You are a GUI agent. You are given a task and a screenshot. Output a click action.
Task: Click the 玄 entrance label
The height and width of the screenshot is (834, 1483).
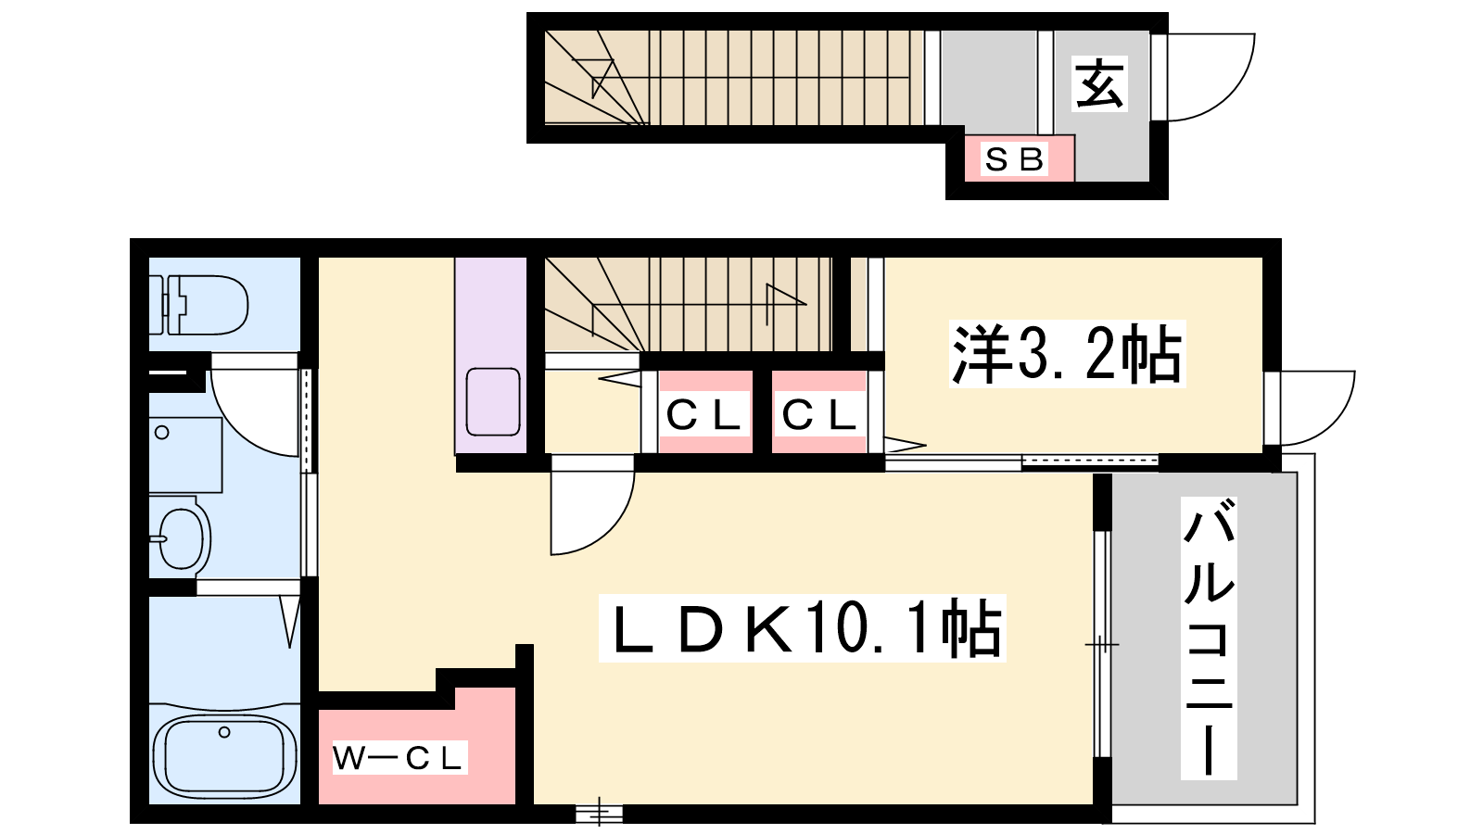(x=1099, y=83)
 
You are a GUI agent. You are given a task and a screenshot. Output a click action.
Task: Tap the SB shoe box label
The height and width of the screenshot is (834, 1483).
(x=1014, y=158)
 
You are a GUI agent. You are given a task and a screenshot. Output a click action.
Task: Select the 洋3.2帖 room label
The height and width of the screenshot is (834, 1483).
(x=1067, y=353)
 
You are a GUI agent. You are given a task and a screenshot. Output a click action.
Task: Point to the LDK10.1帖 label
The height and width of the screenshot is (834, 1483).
(x=803, y=627)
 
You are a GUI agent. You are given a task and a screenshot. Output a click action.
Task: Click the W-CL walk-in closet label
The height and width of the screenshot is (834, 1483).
(x=398, y=759)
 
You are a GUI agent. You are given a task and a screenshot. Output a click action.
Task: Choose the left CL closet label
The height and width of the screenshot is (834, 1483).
(x=703, y=416)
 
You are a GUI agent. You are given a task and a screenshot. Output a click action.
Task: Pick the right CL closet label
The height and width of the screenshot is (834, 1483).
(x=819, y=416)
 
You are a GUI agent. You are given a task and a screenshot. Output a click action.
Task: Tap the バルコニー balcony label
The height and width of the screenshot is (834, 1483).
(x=1209, y=638)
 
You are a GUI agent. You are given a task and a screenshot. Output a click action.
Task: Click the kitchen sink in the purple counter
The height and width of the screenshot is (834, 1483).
(x=493, y=402)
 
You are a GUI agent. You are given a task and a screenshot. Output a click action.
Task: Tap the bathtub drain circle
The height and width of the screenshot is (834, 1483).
(x=224, y=732)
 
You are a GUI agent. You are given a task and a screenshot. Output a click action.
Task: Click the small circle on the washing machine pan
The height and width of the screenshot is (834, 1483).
(x=162, y=433)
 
